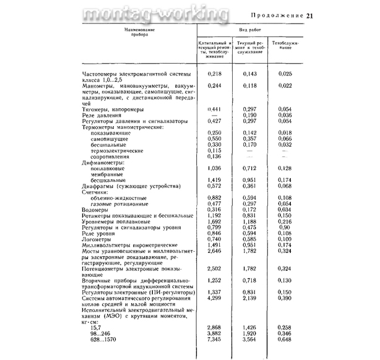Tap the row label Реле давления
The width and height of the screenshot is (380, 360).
102,115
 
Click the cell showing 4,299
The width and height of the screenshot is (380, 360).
214,298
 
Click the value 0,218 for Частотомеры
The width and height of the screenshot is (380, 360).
214,74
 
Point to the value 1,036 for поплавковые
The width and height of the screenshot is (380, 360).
214,168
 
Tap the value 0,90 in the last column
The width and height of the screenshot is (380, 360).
285,227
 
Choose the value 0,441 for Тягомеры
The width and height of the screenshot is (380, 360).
214,109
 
